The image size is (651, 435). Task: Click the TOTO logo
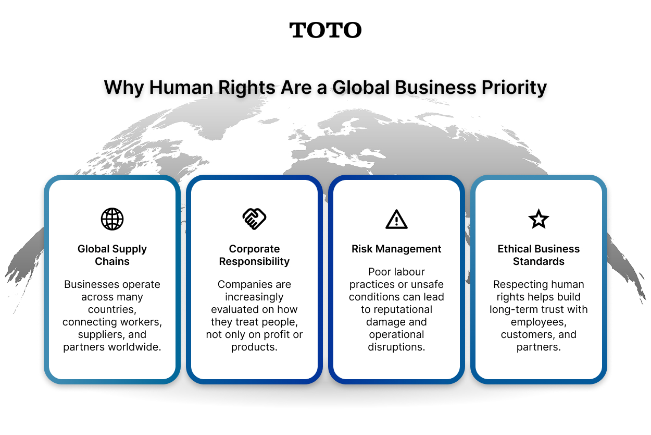(x=325, y=30)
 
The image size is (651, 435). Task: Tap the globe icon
(x=112, y=219)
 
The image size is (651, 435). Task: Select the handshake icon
(x=254, y=219)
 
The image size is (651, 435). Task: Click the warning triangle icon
(x=396, y=220)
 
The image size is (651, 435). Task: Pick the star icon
(x=539, y=219)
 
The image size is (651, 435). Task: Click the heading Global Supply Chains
(x=112, y=255)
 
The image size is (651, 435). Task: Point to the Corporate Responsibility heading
(x=254, y=255)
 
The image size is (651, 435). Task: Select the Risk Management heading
(x=396, y=249)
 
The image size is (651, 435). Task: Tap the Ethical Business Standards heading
(x=539, y=255)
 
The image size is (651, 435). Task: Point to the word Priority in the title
(x=511, y=87)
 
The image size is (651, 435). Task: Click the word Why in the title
(x=124, y=87)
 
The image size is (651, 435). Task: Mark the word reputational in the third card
(x=403, y=309)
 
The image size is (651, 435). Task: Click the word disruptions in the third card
(x=396, y=347)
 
